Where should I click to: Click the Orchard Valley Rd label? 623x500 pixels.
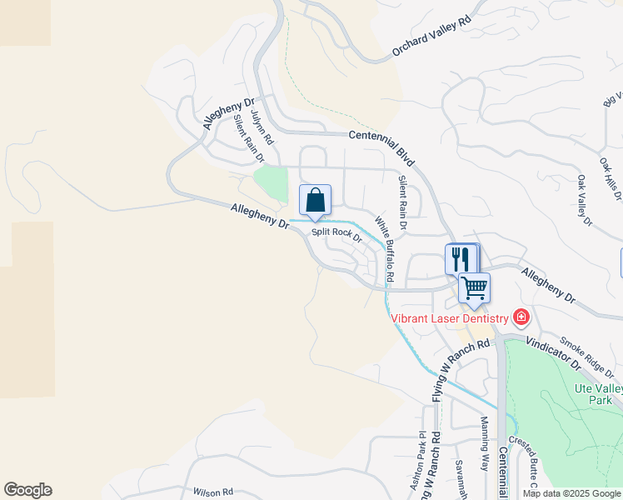tap(431, 38)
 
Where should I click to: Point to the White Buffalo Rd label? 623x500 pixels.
tap(383, 248)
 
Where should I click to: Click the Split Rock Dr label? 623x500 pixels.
tap(336, 234)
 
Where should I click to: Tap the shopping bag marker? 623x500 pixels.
tap(315, 200)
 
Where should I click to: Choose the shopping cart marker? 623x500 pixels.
tap(474, 288)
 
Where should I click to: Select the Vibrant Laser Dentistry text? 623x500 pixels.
tap(450, 318)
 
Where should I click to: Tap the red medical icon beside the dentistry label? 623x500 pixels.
tap(521, 317)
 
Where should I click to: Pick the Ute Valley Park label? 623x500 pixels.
tap(597, 394)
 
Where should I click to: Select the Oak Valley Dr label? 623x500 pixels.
tap(584, 201)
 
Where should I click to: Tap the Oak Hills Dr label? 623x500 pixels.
tap(611, 178)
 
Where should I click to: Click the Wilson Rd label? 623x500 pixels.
tap(212, 492)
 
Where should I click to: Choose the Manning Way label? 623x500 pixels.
tap(484, 455)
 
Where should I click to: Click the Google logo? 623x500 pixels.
tap(27, 490)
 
